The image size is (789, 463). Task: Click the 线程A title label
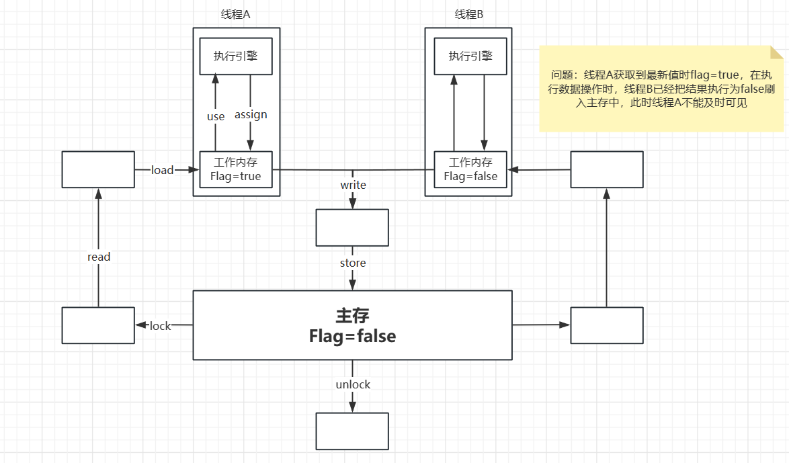[236, 15]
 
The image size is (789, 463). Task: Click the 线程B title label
[468, 15]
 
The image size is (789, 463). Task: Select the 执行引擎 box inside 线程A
[236, 56]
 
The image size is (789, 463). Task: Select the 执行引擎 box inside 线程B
[470, 56]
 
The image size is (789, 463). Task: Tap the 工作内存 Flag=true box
[236, 169]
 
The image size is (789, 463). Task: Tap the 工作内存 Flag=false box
[470, 169]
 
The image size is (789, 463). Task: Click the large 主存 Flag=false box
[352, 325]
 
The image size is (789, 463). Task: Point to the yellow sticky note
[661, 88]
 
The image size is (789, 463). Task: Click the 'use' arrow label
[216, 116]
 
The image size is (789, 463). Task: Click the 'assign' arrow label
[251, 115]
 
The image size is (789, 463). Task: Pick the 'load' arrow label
[162, 170]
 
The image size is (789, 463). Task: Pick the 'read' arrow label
[99, 257]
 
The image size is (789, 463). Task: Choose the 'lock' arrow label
[161, 326]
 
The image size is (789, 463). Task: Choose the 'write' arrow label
[353, 185]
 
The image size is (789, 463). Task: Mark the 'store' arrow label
[353, 263]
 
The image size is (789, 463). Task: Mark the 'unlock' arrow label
[353, 384]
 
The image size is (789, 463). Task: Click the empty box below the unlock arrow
[352, 431]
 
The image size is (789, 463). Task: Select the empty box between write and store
[352, 227]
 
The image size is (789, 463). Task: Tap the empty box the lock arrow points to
[98, 325]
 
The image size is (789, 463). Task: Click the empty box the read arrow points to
[98, 169]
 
